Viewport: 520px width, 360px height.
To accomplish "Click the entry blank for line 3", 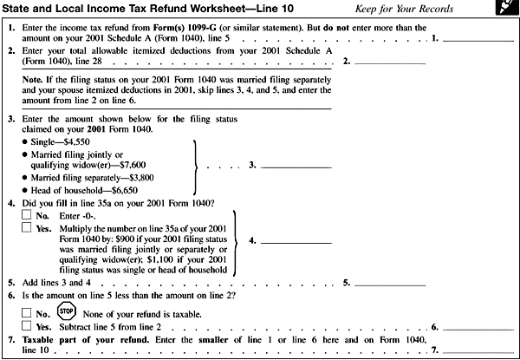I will (x=296, y=163).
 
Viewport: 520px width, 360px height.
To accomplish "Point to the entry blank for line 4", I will (x=296, y=239).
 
